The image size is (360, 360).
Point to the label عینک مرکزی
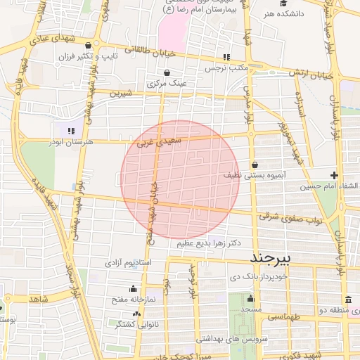click(x=167, y=83)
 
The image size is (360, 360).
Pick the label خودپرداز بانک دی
click(x=250, y=278)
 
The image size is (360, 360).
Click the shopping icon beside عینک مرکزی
click(x=167, y=72)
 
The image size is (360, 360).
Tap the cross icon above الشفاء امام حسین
click(x=334, y=175)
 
